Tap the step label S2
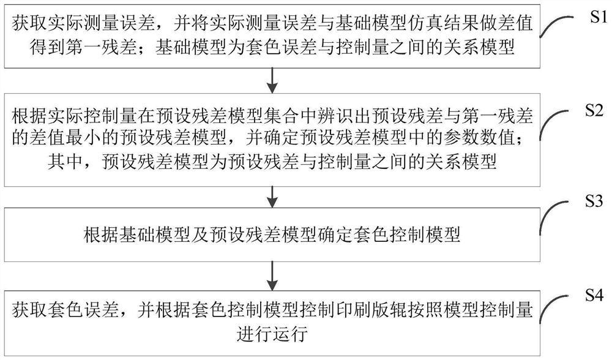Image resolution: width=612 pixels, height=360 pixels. [x=594, y=110]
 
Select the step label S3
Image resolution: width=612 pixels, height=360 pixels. [x=594, y=201]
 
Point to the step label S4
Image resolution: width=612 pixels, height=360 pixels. [x=594, y=295]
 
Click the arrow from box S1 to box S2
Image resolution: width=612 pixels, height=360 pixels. [x=272, y=80]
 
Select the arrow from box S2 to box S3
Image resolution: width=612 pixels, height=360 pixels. [x=272, y=197]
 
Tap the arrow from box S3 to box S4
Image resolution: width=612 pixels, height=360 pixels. [x=272, y=276]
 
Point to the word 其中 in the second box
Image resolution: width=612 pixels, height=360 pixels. [x=65, y=161]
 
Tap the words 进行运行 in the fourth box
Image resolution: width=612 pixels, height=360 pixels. [x=272, y=334]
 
